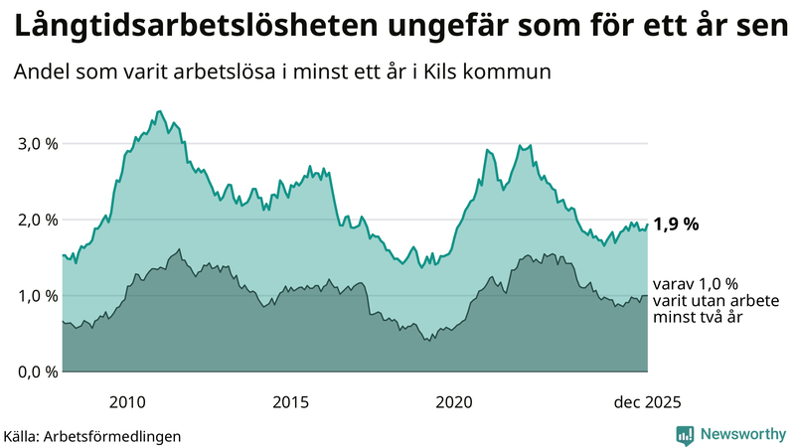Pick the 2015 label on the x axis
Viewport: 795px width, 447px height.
click(x=290, y=401)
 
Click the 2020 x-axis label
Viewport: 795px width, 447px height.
click(x=453, y=401)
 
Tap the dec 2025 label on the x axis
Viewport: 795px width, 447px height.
click(x=647, y=401)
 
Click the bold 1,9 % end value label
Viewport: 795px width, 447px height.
click(x=676, y=224)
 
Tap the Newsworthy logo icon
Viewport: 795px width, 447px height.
click(x=685, y=434)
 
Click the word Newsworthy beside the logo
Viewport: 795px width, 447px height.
click(x=743, y=434)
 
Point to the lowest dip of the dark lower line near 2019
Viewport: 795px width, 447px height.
click(x=427, y=341)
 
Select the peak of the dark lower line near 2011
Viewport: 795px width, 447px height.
click(x=179, y=249)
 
